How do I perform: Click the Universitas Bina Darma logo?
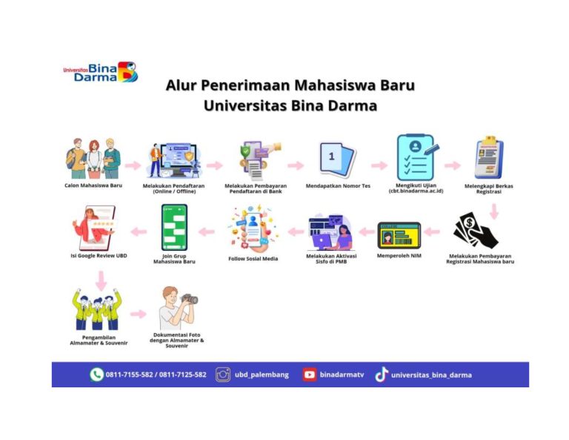[x=101, y=71]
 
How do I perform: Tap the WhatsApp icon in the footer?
[x=96, y=375]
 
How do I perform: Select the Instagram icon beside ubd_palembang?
[x=223, y=375]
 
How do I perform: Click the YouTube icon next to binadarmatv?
[x=310, y=375]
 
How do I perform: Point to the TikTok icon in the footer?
[x=382, y=375]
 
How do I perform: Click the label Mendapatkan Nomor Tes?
[x=338, y=185]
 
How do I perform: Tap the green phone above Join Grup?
[x=174, y=228]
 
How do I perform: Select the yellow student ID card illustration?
[x=399, y=235]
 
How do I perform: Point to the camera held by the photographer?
[x=190, y=299]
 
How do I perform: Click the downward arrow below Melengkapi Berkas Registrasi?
[x=494, y=211]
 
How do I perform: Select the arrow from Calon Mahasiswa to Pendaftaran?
[x=133, y=165]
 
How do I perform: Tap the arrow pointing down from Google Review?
[x=101, y=280]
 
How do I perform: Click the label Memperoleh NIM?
[x=399, y=256]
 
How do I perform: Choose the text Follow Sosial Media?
[x=253, y=259]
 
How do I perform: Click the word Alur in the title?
[x=180, y=85]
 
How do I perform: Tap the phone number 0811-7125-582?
[x=182, y=375]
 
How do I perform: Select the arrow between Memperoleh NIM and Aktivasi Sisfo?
[x=367, y=232]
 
